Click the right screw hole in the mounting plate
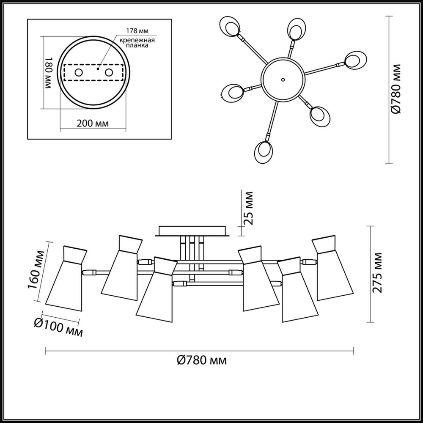pos(109,73)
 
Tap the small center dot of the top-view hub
pos(283,79)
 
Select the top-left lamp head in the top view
pos(232,27)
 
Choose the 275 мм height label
pos(378,273)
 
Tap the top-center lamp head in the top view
pos(295,30)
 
